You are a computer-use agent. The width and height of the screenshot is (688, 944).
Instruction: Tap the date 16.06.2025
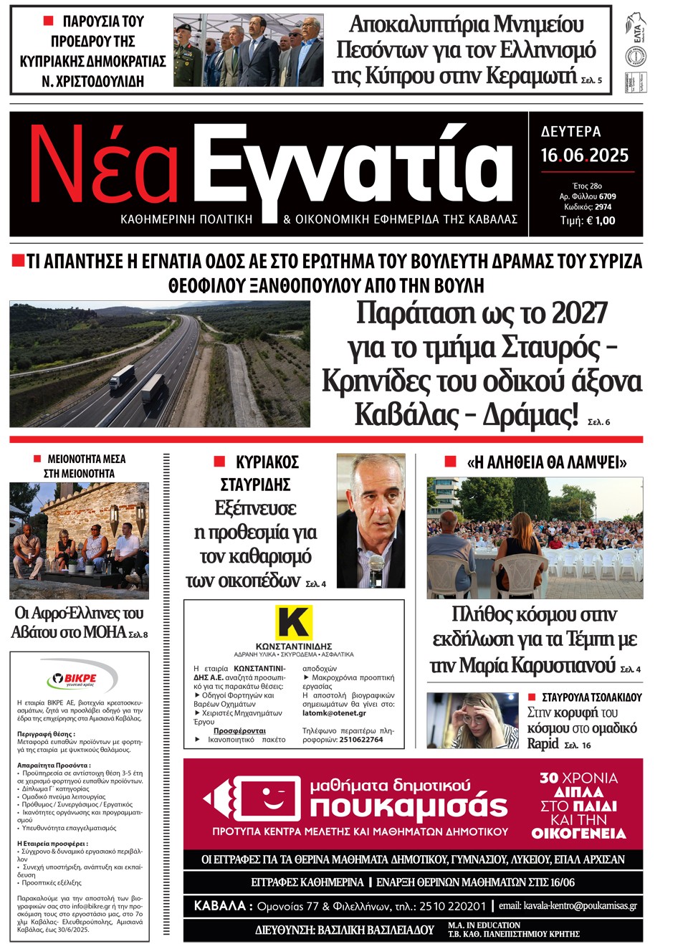(584, 156)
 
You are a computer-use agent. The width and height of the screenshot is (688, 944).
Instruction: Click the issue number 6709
(607, 196)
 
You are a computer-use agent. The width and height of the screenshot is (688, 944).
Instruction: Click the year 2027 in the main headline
(570, 313)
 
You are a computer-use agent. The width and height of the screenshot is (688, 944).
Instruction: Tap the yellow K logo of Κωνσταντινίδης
(294, 621)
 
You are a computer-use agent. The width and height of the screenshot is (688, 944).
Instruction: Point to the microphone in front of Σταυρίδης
(376, 563)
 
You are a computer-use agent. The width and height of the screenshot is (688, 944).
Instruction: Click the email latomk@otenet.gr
(334, 713)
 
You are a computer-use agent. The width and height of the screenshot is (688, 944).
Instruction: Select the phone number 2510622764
(361, 740)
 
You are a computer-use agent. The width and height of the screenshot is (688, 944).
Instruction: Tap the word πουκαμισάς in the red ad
(408, 807)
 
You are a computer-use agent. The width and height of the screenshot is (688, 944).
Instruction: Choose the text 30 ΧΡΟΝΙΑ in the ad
(578, 778)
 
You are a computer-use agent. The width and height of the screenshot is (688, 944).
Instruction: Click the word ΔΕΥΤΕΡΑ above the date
(570, 132)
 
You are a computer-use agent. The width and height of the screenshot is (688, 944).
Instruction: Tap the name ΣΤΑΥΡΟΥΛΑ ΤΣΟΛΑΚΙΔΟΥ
(591, 697)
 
